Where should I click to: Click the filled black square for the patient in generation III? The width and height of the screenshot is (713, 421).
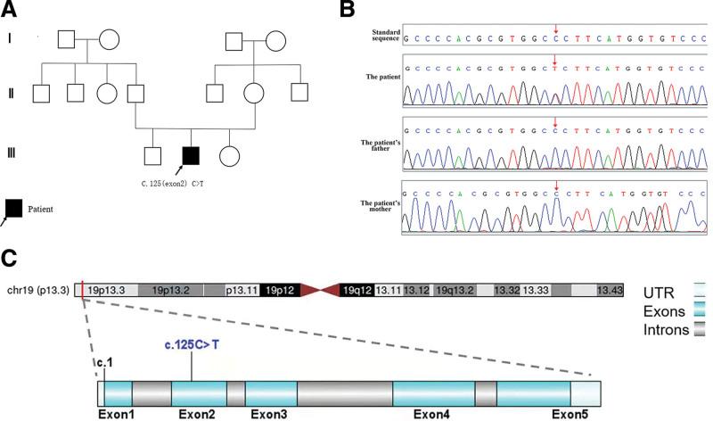[191, 155]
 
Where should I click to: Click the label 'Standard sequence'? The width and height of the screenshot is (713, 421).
[384, 37]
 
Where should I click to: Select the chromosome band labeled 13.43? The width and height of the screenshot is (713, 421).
[610, 290]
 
